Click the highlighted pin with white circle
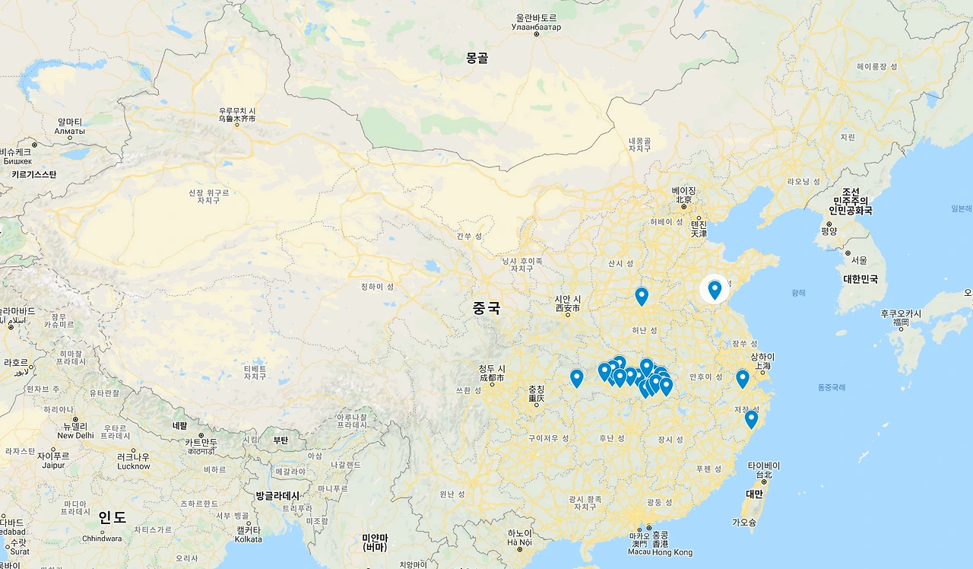pyautogui.click(x=715, y=289)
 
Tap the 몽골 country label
pyautogui.click(x=477, y=58)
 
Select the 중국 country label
pyautogui.click(x=486, y=308)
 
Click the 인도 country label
pyautogui.click(x=112, y=518)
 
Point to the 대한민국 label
pyautogui.click(x=860, y=279)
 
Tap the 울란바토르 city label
pyautogui.click(x=536, y=17)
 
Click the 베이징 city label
pyautogui.click(x=684, y=190)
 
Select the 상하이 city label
pyautogui.click(x=762, y=357)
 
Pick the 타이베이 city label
pyautogui.click(x=764, y=466)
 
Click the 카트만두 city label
pyautogui.click(x=201, y=442)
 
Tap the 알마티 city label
pyautogui.click(x=70, y=122)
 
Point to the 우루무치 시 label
pyautogui.click(x=237, y=111)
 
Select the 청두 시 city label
pyautogui.click(x=491, y=369)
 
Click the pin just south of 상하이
pyautogui.click(x=743, y=377)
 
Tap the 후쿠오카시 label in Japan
pyautogui.click(x=901, y=313)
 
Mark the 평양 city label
pyautogui.click(x=829, y=231)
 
